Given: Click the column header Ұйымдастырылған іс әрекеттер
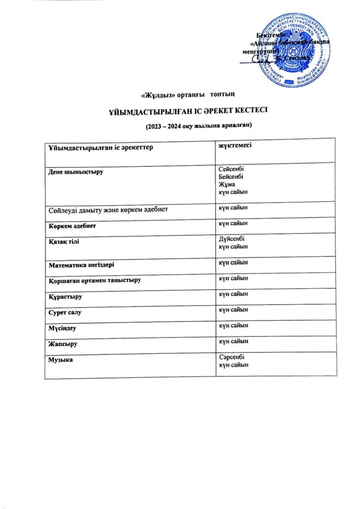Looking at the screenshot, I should click(x=90, y=148).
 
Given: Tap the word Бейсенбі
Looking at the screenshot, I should click(x=231, y=176).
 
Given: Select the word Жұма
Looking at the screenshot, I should click(x=227, y=184).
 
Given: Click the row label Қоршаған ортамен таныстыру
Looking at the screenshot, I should click(x=95, y=280).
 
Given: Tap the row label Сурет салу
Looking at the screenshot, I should click(x=67, y=313).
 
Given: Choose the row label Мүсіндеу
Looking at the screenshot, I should click(x=63, y=328).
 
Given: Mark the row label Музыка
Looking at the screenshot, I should click(x=61, y=359).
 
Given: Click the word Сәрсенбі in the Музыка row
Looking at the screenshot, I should click(x=232, y=357).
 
